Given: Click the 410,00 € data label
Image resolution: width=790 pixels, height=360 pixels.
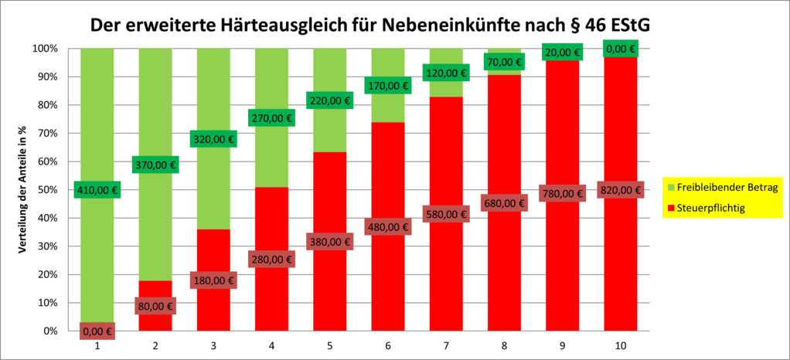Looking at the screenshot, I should click(x=97, y=190).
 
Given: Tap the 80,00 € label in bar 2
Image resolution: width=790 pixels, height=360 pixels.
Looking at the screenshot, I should click(x=155, y=306).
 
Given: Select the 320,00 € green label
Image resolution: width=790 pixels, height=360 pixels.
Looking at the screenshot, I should click(x=214, y=139).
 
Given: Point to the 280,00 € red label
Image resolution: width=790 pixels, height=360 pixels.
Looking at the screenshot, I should click(x=272, y=260).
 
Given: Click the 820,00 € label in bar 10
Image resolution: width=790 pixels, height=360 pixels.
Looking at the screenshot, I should click(x=621, y=190).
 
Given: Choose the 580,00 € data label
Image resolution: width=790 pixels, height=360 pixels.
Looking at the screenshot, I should click(x=446, y=213).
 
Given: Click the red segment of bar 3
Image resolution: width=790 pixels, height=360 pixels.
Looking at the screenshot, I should click(x=214, y=309).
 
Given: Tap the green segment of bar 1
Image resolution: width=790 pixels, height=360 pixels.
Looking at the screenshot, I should click(x=97, y=116).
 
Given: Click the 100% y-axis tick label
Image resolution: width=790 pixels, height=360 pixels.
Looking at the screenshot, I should click(x=45, y=49).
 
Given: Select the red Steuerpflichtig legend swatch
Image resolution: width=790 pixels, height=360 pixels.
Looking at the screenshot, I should click(x=671, y=208).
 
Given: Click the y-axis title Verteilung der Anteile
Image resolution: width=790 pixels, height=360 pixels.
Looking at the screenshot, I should click(x=22, y=189).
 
